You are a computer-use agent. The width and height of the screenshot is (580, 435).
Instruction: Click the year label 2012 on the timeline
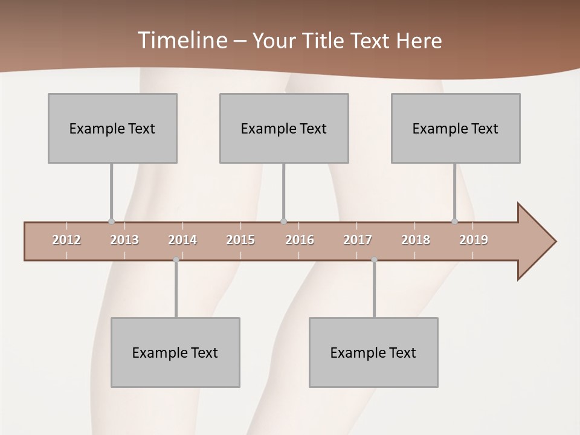(x=66, y=240)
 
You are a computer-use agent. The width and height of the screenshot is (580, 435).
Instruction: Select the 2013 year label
(x=124, y=240)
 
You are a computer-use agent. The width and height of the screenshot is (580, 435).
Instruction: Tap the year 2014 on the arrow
(x=182, y=240)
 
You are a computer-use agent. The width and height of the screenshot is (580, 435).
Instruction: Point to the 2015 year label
(x=240, y=240)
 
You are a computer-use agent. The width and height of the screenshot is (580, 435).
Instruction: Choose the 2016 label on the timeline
(x=300, y=240)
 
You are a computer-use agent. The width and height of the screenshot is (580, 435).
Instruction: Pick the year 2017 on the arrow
(x=358, y=240)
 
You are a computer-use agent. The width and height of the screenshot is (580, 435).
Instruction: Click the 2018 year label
(x=416, y=240)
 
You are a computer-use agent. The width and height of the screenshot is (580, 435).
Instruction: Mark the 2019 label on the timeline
(x=474, y=240)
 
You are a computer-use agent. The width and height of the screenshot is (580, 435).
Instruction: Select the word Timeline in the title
(x=182, y=40)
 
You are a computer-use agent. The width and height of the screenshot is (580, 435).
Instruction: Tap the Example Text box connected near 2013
(x=112, y=128)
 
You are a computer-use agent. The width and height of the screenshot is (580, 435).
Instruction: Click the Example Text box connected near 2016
(x=284, y=128)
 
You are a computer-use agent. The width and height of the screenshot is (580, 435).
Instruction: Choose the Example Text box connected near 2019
(x=456, y=128)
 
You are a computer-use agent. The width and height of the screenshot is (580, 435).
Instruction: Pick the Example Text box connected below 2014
(x=175, y=352)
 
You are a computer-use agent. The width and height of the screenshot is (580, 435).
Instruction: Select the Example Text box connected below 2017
(x=373, y=352)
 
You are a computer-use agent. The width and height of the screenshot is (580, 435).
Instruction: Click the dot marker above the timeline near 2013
(x=111, y=221)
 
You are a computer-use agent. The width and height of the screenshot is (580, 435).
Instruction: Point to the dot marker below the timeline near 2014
(x=176, y=260)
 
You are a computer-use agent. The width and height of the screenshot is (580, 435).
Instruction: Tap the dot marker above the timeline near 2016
(x=283, y=221)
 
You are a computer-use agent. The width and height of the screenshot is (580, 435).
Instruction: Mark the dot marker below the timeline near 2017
(x=374, y=260)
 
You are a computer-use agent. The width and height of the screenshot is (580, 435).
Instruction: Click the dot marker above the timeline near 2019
(x=455, y=221)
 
